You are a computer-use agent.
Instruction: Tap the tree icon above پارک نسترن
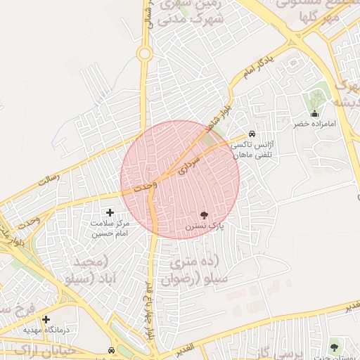click(x=204, y=215)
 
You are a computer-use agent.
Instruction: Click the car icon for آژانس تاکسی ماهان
click(x=252, y=134)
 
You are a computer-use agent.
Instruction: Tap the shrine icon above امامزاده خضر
click(x=314, y=113)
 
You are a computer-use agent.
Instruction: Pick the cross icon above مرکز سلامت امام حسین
click(x=110, y=212)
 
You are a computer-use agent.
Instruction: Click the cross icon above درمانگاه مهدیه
click(x=46, y=319)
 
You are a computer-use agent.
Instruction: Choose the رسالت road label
click(x=49, y=179)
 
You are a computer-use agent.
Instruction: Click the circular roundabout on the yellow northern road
click(x=145, y=53)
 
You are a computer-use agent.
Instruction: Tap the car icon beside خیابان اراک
click(x=112, y=349)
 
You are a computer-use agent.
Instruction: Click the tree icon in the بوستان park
click(x=334, y=346)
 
